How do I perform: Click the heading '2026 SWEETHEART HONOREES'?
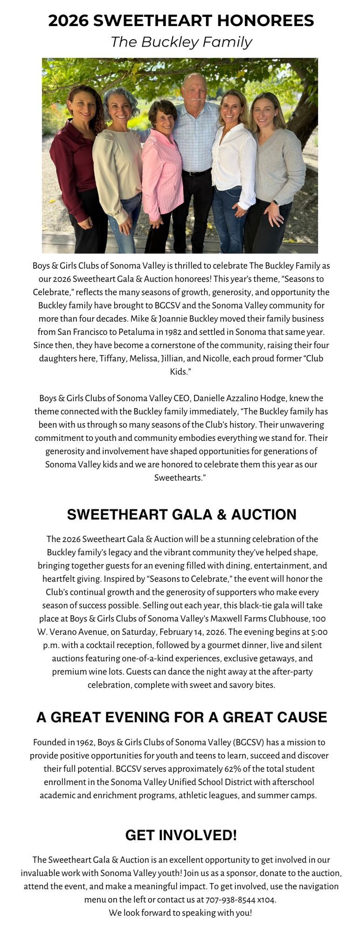point(181,21)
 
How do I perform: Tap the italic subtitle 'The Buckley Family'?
point(181,42)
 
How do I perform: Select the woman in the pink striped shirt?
point(162,173)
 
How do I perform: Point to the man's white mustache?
point(196,98)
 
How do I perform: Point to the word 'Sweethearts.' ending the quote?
point(180,478)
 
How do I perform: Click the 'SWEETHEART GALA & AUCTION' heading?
point(181,515)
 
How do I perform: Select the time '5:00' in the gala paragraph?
point(318,632)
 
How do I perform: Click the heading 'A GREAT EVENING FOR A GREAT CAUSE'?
point(181,717)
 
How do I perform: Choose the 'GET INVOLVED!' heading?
point(181,835)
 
